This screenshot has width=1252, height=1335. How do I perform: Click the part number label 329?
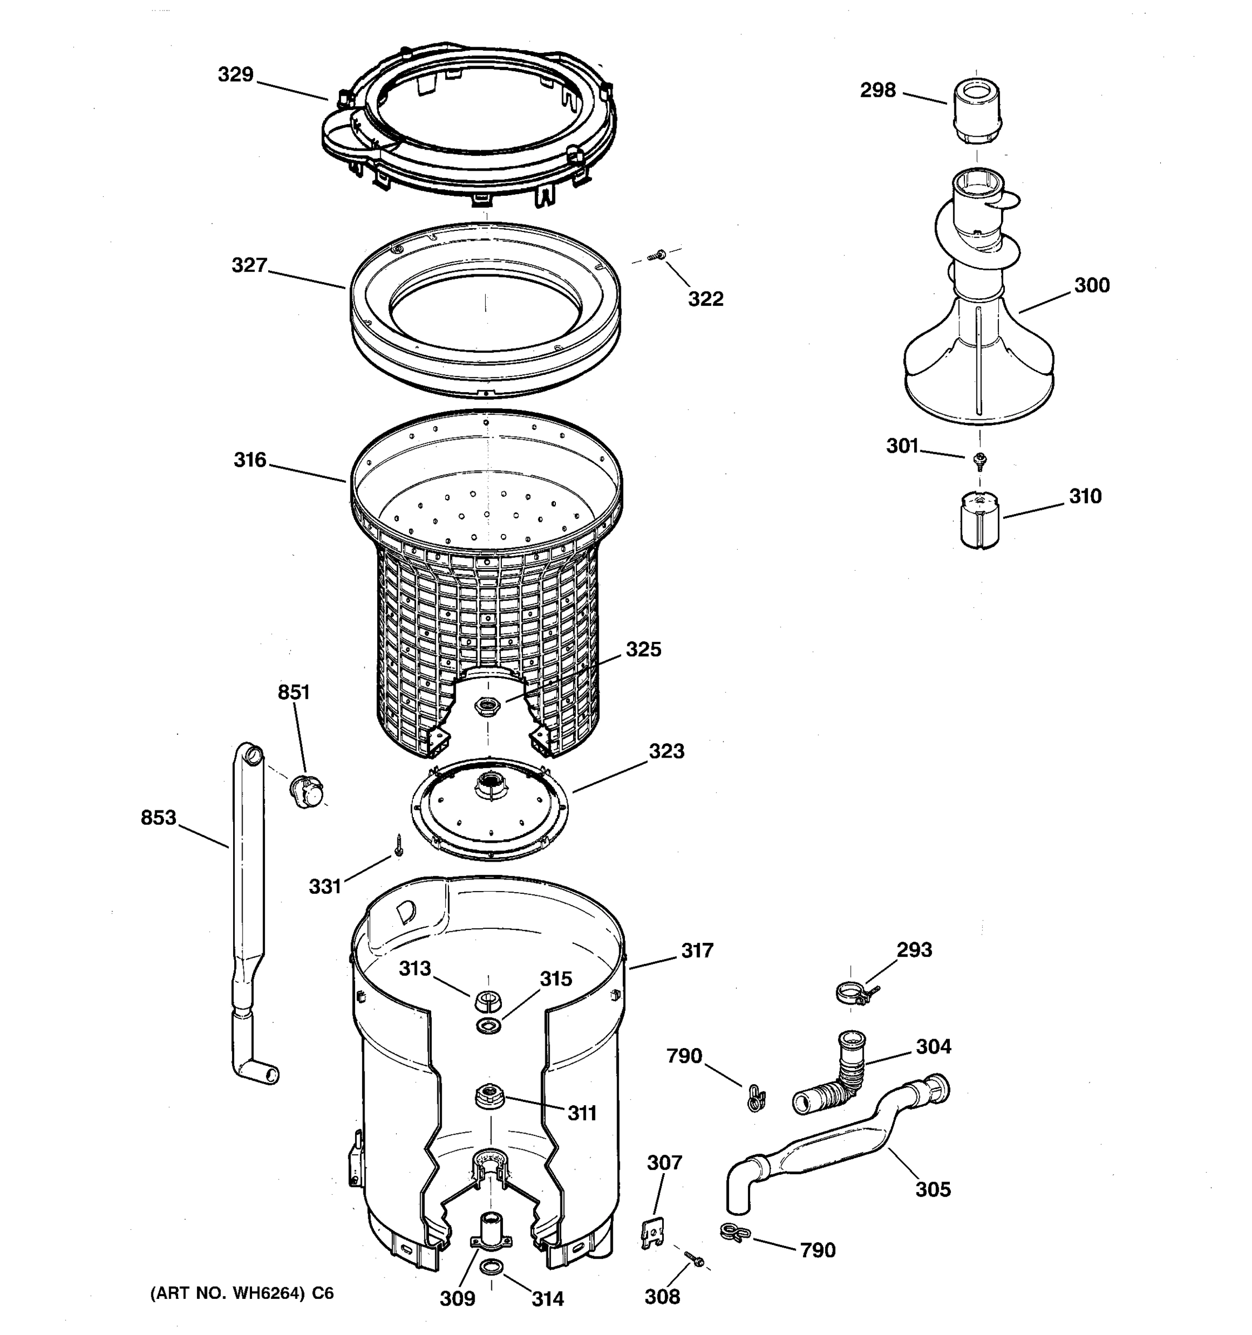pos(235,75)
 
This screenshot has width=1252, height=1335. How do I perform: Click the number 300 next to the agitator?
pos(1092,285)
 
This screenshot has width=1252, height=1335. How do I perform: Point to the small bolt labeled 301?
pos(980,460)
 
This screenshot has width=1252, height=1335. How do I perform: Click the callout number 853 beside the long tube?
pos(158,817)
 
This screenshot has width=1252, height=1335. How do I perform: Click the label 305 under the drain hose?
pos(933,1189)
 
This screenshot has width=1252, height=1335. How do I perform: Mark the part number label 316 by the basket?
pos(250,460)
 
